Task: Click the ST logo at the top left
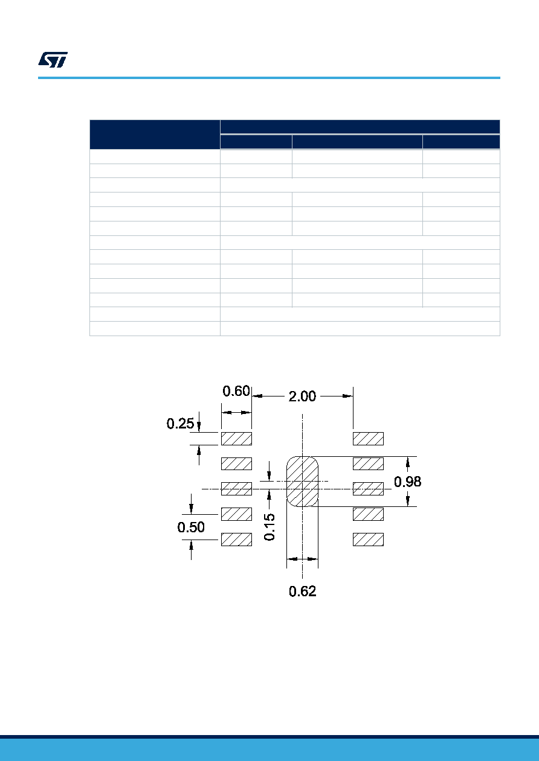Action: (53, 60)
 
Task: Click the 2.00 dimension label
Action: (302, 396)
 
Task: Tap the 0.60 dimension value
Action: (236, 391)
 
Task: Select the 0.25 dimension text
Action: (180, 424)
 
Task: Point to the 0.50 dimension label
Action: (191, 527)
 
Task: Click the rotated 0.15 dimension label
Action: (269, 527)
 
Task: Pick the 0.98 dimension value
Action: (407, 482)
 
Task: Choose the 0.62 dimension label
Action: (302, 591)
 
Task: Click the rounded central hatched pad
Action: (302, 482)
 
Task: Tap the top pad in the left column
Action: (236, 439)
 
